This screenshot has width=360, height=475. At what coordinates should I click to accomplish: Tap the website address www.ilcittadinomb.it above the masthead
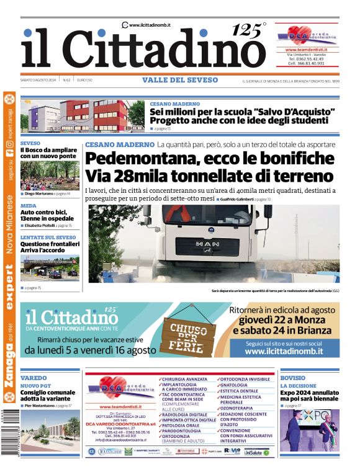coord(150,25)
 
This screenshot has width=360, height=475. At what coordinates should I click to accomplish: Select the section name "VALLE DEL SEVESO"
coord(180,80)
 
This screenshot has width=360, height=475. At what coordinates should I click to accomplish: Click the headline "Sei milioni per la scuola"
coord(242,112)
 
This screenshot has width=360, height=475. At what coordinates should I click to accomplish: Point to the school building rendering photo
coord(83,115)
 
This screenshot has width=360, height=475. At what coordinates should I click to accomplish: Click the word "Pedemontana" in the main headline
coord(143,158)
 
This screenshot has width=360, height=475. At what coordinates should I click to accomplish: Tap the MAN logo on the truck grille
coord(207,244)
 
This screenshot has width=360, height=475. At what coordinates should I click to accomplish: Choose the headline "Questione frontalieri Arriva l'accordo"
coord(50,247)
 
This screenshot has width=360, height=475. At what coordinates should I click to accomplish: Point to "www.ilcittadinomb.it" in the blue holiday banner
coord(284,351)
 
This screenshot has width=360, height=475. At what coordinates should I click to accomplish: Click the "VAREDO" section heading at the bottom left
coord(34,378)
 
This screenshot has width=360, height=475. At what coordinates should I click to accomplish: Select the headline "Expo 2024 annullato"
coord(308,393)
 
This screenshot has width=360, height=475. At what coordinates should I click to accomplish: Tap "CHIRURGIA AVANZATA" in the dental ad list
coord(185,379)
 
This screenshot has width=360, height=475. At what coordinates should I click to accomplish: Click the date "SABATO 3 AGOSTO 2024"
coord(39,80)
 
